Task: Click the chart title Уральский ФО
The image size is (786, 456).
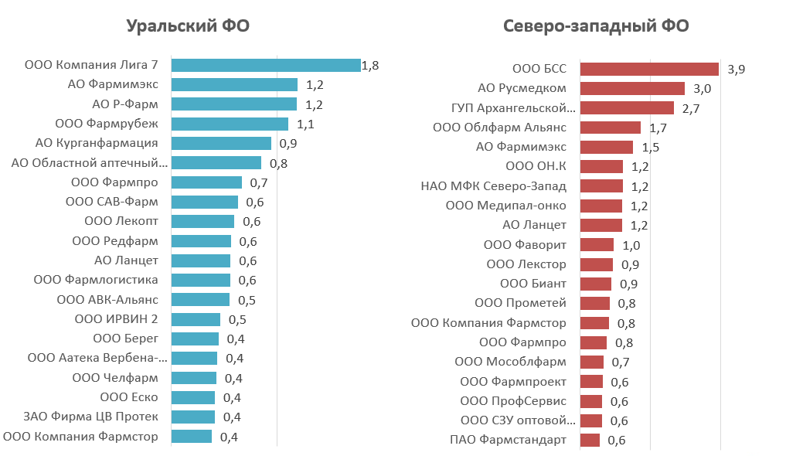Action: point(188,26)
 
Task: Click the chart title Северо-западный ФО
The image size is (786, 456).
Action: point(596,26)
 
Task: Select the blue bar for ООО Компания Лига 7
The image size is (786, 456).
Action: point(266,65)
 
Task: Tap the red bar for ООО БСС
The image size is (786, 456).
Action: point(649,69)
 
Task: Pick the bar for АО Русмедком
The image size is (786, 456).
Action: point(632,88)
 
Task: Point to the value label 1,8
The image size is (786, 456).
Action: point(370,66)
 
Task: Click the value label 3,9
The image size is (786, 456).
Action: point(736,69)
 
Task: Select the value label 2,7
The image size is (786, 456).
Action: point(691,109)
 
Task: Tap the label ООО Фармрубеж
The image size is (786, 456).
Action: point(107,123)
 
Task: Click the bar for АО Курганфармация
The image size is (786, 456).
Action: point(221,143)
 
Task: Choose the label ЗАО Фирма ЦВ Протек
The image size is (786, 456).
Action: point(90,417)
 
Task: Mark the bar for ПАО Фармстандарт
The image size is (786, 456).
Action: point(590,440)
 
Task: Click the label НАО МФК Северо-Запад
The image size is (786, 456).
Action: point(493,186)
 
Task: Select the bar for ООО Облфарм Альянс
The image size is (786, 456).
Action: point(611,128)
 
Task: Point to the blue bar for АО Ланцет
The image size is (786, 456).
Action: point(200,260)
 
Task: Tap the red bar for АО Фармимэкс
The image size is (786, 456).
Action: point(607,147)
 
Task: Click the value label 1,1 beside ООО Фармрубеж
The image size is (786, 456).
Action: point(306,124)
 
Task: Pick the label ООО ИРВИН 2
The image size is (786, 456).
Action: point(116,318)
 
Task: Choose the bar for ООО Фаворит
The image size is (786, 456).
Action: point(597,244)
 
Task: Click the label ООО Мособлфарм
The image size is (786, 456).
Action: point(510,361)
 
